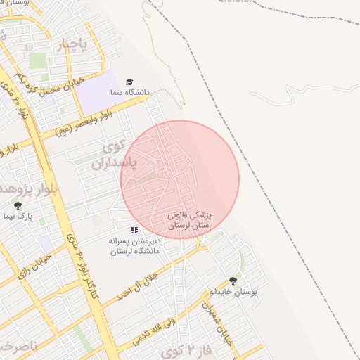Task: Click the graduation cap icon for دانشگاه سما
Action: tap(129, 82)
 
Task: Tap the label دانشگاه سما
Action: tap(129, 92)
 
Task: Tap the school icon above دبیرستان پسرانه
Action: tap(134, 230)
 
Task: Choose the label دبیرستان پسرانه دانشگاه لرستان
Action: tap(134, 245)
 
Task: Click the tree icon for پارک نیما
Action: tap(18, 206)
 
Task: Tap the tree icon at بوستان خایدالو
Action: tap(233, 281)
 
